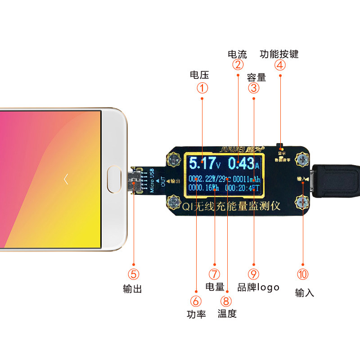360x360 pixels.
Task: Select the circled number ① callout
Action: [202, 88]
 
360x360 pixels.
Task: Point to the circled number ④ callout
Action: [280, 66]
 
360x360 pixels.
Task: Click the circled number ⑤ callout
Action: [134, 274]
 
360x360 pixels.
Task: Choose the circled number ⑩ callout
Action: [302, 274]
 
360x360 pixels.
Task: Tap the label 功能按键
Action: [279, 54]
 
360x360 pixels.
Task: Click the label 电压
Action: [199, 75]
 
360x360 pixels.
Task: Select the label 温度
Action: [227, 314]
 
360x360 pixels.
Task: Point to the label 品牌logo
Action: [258, 287]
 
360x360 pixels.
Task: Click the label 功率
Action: [196, 314]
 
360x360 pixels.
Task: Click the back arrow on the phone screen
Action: [66, 179]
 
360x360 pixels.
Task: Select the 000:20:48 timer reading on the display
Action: [242, 188]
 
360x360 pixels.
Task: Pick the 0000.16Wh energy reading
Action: [203, 188]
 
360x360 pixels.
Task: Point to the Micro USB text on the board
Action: [152, 180]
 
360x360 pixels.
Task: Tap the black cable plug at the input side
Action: [335, 181]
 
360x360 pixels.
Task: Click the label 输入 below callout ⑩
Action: [304, 292]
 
